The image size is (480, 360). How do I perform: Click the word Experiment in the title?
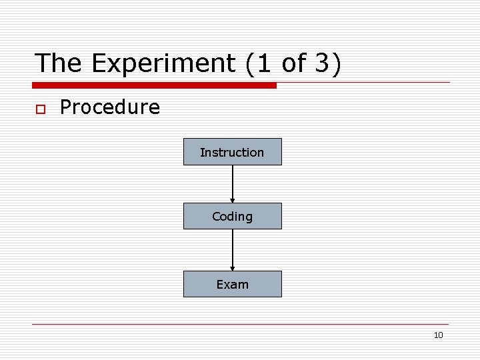click(x=163, y=63)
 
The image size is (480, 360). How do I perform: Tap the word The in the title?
click(x=59, y=63)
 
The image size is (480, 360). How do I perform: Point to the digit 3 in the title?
click(x=321, y=63)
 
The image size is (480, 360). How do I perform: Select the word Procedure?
click(x=110, y=107)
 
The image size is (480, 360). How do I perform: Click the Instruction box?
click(x=232, y=152)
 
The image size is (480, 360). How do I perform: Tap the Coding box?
click(x=232, y=216)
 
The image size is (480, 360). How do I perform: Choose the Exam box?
click(x=232, y=284)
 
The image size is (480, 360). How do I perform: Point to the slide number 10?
click(x=438, y=335)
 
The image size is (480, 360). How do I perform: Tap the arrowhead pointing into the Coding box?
click(x=233, y=199)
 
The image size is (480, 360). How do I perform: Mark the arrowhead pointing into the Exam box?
click(x=233, y=267)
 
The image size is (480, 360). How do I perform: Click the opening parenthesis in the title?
click(x=250, y=64)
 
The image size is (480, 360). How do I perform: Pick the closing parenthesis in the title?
click(x=335, y=64)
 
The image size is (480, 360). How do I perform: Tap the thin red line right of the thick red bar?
click(x=363, y=83)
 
